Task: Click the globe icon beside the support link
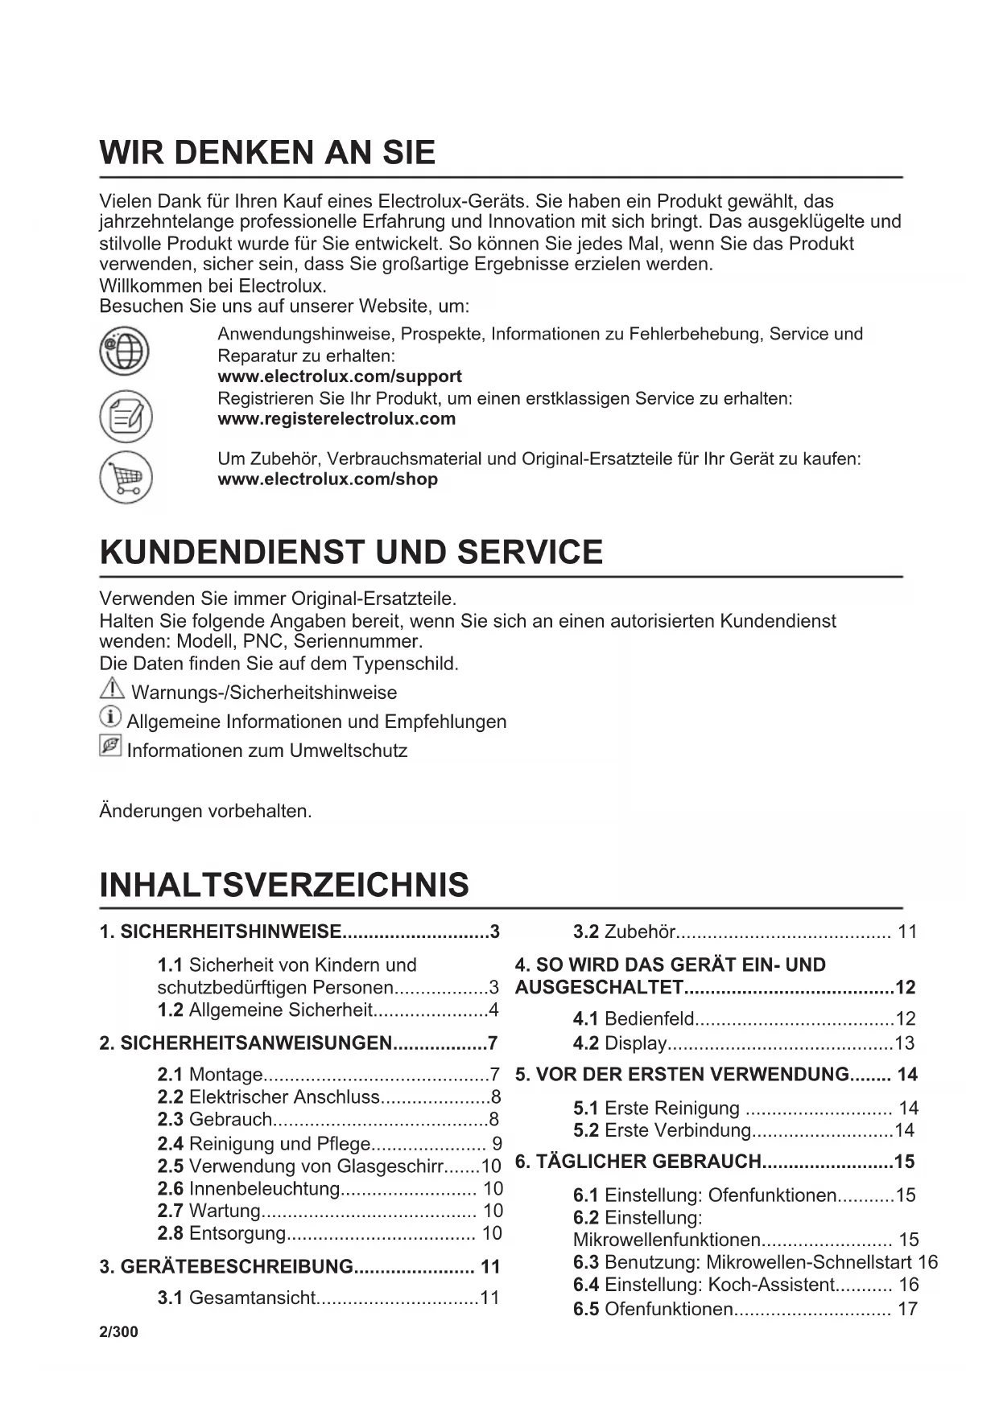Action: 124,352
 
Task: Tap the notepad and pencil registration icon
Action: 126,416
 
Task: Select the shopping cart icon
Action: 126,478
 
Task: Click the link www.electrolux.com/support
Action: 340,376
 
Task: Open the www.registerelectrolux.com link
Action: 336,418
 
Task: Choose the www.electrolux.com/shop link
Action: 328,479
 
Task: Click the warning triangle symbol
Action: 112,689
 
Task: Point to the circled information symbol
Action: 110,717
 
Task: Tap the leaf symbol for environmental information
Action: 110,746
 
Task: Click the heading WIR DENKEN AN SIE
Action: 267,153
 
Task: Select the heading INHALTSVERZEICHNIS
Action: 284,885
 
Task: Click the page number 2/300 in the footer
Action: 118,1331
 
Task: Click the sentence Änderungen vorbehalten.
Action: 205,811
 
